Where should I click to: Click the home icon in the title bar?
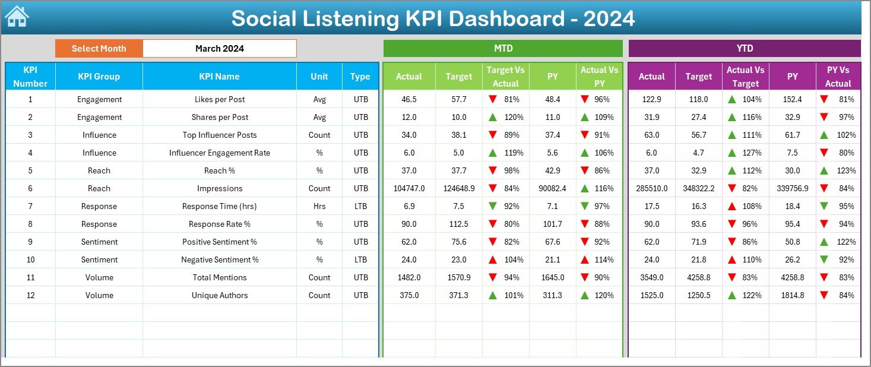[x=16, y=17]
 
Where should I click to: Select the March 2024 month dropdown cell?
[x=219, y=49]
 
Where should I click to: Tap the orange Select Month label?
[x=99, y=49]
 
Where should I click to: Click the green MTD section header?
[x=503, y=49]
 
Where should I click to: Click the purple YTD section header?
[x=744, y=49]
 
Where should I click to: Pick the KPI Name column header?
[x=219, y=77]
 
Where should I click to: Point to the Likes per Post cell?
[x=219, y=99]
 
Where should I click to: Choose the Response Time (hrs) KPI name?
[x=219, y=206]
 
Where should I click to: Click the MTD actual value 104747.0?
[x=409, y=188]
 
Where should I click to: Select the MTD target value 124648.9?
[x=459, y=188]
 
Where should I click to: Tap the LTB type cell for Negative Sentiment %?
[x=360, y=260]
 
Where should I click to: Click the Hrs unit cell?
[x=319, y=206]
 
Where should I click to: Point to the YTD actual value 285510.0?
[x=651, y=188]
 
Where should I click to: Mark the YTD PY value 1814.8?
[x=792, y=295]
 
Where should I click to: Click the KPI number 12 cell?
[x=30, y=295]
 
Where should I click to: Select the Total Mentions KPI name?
[x=219, y=277]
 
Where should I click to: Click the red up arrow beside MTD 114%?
[x=585, y=260]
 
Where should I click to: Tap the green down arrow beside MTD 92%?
[x=492, y=206]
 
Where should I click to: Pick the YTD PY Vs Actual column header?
[x=838, y=77]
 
